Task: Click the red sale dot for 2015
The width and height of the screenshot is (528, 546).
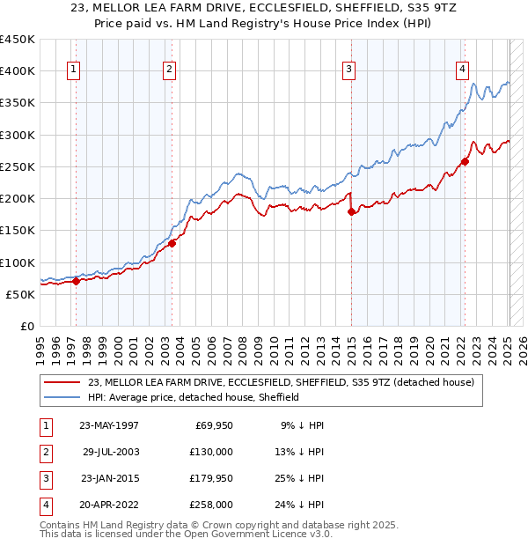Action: point(351,211)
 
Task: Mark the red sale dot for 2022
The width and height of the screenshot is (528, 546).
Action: point(465,161)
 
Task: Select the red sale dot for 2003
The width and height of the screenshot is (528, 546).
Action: point(172,243)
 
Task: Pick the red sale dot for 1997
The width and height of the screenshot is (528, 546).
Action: point(77,282)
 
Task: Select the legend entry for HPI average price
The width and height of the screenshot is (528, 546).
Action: point(194,397)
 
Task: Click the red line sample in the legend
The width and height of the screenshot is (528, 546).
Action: point(62,382)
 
